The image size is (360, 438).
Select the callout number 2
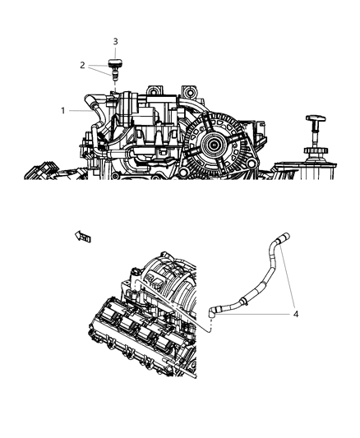click(x=82, y=64)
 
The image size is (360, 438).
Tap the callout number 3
click(x=115, y=40)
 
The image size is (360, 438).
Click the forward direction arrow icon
click(x=83, y=237)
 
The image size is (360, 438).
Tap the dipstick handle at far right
click(x=314, y=122)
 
